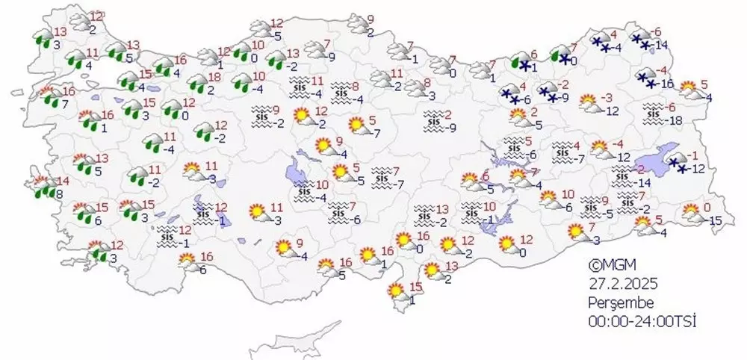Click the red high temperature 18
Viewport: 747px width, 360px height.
click(212, 77)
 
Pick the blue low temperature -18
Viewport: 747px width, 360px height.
click(676, 121)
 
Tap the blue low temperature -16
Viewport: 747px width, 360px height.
click(666, 83)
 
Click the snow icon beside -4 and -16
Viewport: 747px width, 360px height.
click(647, 77)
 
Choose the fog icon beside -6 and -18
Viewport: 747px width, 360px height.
click(654, 114)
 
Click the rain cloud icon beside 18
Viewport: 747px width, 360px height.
click(196, 82)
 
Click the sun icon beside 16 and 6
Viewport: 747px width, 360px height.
click(186, 262)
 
